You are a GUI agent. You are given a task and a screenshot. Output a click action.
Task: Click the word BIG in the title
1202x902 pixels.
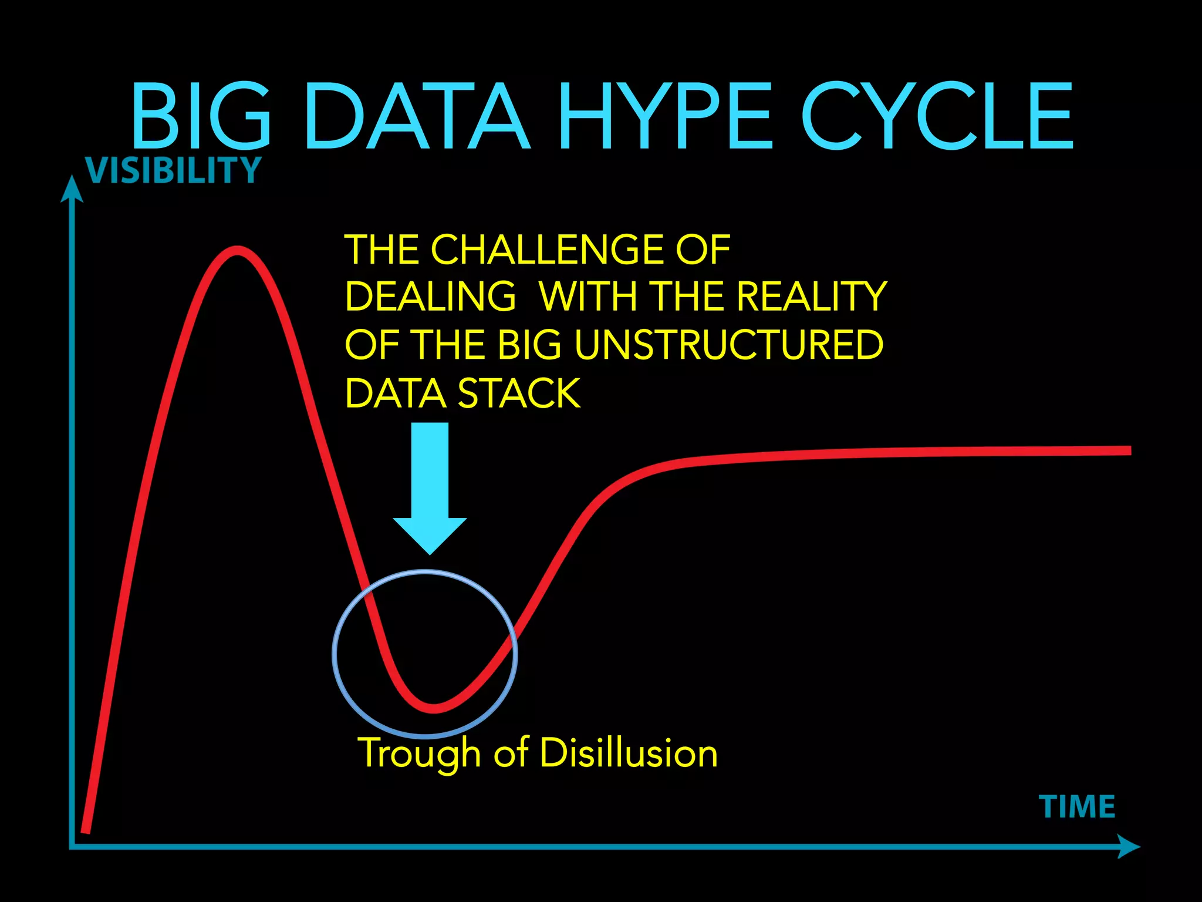point(201,116)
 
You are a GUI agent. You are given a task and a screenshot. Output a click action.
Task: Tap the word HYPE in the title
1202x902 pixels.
point(664,116)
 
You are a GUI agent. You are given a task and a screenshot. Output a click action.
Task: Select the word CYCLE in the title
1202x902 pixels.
point(937,116)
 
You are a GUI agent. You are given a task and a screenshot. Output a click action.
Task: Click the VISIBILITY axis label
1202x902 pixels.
point(173,170)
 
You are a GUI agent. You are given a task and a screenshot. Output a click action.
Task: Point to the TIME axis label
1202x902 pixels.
point(1077,806)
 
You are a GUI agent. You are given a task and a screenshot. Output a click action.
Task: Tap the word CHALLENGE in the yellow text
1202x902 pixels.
point(549,250)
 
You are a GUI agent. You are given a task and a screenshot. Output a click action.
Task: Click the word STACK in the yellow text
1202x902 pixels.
point(519,393)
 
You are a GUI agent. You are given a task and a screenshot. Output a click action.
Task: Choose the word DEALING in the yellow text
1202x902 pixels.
point(430,296)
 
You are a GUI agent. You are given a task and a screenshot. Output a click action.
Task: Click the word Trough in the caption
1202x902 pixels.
point(419,753)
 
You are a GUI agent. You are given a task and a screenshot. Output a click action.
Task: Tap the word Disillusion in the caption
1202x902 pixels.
point(629,752)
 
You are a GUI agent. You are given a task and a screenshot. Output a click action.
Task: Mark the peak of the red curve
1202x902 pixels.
point(237,251)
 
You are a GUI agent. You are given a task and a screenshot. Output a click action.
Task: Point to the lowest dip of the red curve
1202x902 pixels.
point(433,708)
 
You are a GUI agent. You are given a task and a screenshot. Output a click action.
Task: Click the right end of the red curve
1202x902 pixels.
point(1128,450)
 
